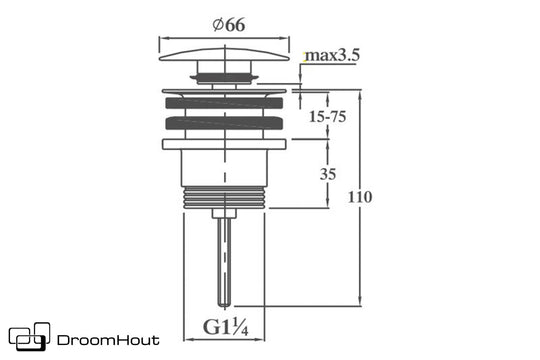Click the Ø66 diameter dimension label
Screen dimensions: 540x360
coord(229,25)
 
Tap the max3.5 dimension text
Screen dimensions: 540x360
coord(332,55)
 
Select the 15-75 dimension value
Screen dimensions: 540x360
coord(327,117)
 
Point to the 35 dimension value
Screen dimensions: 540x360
coord(328,174)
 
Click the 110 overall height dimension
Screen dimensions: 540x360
coord(360,197)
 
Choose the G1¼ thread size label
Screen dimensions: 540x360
coord(226,327)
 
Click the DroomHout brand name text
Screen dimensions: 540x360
coord(108,340)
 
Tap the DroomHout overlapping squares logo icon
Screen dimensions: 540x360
coord(30,337)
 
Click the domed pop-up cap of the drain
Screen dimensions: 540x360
coord(224,55)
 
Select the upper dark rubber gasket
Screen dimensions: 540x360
coord(224,103)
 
